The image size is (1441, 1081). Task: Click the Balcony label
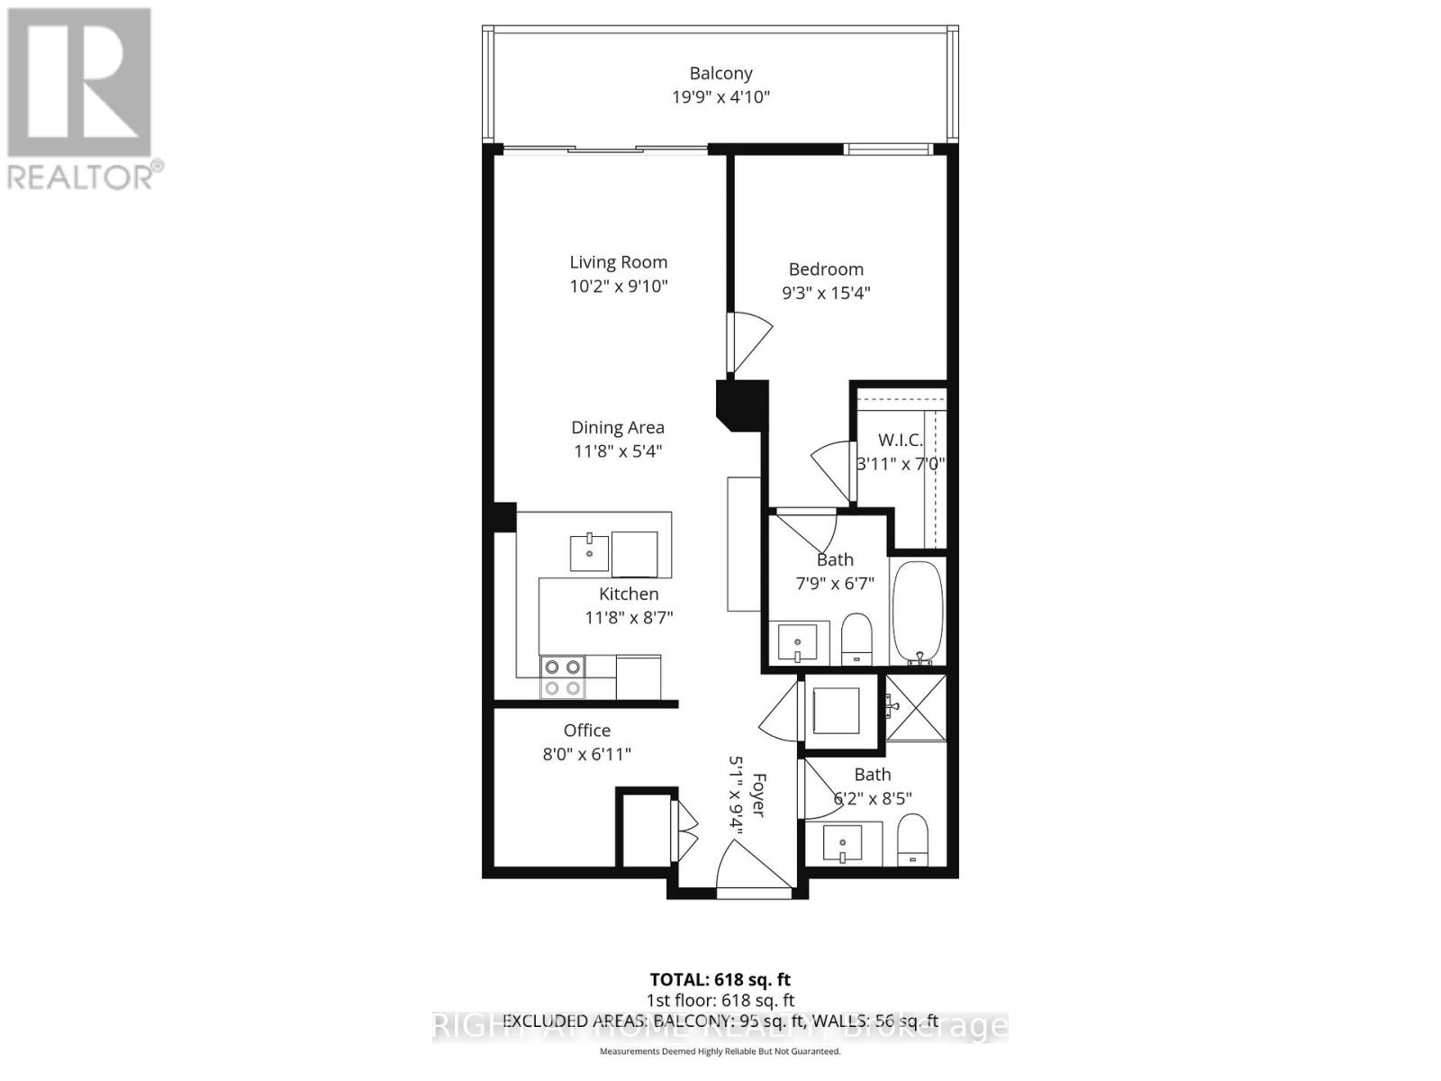tap(720, 73)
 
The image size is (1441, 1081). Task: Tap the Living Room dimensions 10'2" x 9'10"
tap(618, 286)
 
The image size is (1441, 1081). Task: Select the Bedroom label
tap(826, 268)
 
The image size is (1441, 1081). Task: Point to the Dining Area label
tap(618, 427)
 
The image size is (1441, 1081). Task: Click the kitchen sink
tap(589, 551)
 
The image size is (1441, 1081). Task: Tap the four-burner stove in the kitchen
tap(562, 677)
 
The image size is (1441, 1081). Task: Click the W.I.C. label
tap(900, 441)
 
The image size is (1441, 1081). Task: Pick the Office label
tap(587, 731)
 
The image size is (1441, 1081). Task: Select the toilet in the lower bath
tap(913, 840)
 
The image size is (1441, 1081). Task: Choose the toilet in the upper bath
tap(856, 639)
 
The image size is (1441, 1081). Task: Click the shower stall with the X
tap(917, 708)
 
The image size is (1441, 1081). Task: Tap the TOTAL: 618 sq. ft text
tap(720, 979)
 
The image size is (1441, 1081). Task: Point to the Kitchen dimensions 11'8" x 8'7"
tap(629, 618)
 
